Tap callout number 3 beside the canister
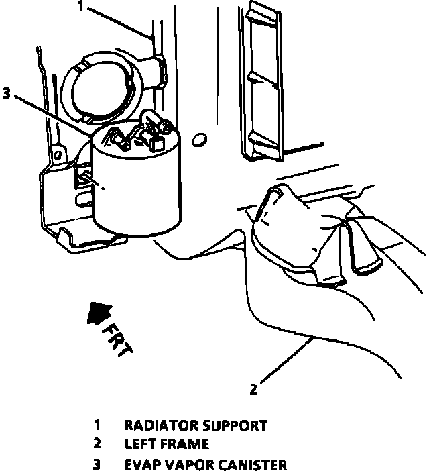click(7, 93)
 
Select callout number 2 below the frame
click(253, 388)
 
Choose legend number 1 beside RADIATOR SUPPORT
click(97, 425)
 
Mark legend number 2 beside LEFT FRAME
click(97, 443)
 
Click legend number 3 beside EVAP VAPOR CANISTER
click(97, 464)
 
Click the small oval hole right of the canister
click(198, 140)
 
